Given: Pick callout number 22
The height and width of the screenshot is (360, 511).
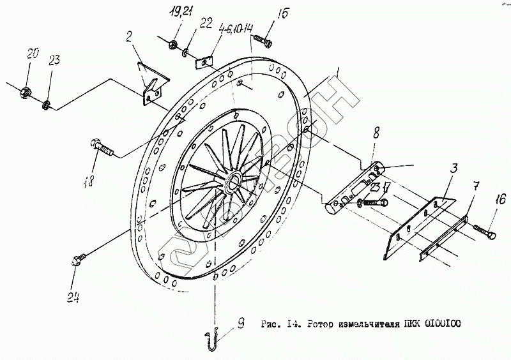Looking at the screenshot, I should click(x=206, y=24).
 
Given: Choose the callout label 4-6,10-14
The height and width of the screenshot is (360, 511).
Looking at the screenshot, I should click(x=236, y=28).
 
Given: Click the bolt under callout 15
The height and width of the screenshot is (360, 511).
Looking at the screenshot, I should click(x=262, y=41).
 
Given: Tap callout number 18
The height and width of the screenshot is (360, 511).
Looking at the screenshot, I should click(x=89, y=181).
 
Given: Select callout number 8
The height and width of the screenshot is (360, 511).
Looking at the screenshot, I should click(x=376, y=133).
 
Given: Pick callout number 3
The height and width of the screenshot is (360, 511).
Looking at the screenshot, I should click(x=454, y=169).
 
